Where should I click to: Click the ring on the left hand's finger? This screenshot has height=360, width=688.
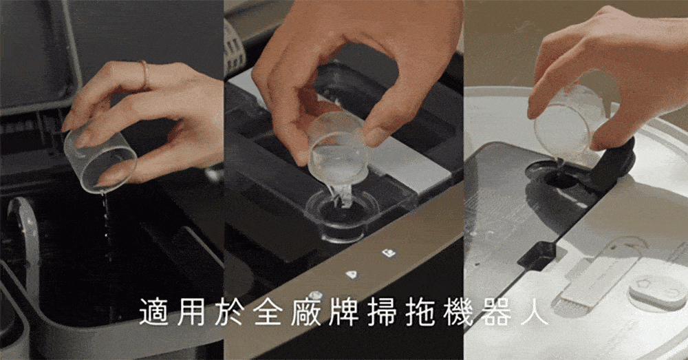point(144,74)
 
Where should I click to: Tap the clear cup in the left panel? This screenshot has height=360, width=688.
point(100,158)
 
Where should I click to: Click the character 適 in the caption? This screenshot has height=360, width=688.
point(153,312)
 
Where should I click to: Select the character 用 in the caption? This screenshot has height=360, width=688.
point(191,312)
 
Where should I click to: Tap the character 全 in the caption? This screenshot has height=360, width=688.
point(267,312)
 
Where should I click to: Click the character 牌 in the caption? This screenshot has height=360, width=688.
point(343,312)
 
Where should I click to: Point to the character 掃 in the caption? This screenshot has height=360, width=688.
point(382,312)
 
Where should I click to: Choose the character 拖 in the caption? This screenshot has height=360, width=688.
point(420,312)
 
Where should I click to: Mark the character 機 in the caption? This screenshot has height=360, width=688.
point(458,312)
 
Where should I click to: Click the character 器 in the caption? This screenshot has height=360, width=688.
point(496,312)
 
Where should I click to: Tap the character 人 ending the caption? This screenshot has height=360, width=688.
point(535,312)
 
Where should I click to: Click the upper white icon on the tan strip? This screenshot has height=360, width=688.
point(389,253)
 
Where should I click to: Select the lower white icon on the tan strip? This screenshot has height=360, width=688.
point(352,275)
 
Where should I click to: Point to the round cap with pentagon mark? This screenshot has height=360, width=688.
point(657,293)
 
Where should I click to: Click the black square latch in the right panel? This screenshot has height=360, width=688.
point(537,255)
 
